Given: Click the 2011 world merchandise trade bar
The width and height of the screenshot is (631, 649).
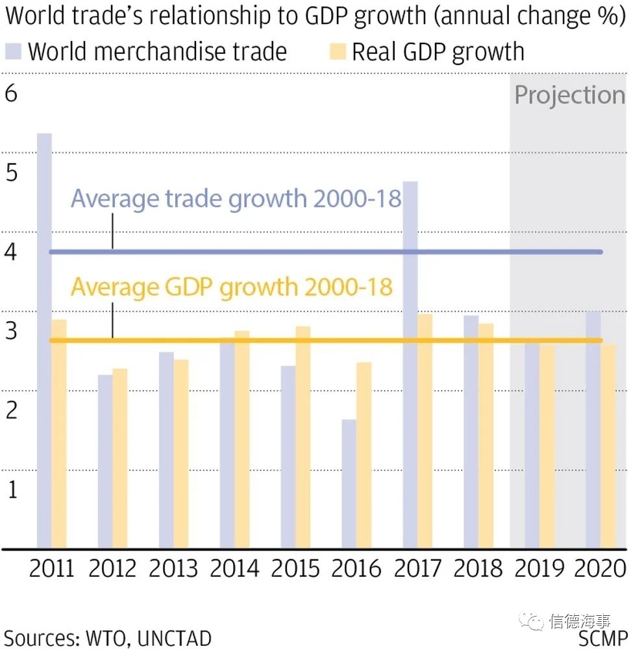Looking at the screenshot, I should [44, 341].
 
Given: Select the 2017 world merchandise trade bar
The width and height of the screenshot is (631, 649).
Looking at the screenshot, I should [410, 365].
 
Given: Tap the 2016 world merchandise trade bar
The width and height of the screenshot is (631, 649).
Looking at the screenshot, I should [349, 484].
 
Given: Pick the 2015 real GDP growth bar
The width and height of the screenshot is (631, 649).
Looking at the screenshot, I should [303, 437].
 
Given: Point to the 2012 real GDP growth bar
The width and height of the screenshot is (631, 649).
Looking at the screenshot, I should [120, 458].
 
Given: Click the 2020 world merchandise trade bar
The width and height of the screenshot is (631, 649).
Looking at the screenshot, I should [593, 430].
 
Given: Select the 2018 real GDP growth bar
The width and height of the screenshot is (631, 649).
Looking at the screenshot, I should [486, 435].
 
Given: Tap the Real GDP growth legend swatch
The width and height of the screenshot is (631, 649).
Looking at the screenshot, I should [340, 51].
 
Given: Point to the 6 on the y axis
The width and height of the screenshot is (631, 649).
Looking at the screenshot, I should [11, 94].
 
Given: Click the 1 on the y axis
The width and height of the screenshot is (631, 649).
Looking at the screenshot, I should [12, 489].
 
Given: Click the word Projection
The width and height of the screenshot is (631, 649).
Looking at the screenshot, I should [569, 95].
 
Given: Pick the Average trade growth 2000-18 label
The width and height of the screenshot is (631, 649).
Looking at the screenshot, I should [236, 198].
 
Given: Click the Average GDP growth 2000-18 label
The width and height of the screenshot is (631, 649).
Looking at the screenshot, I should [232, 286].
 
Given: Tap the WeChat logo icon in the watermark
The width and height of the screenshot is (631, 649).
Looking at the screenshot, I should [536, 622].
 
